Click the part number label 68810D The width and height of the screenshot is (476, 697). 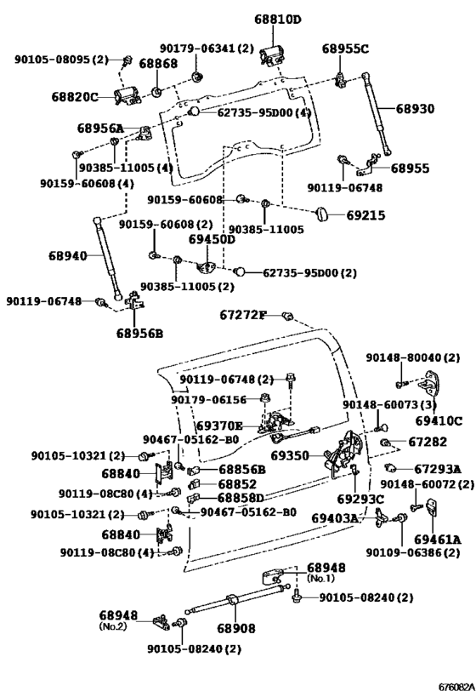pos(278,20)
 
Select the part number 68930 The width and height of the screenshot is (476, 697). pos(415,109)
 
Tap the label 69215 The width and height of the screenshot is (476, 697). pos(365,215)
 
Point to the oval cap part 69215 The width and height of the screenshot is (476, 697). pos(321,214)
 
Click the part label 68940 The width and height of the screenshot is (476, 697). pos(68,255)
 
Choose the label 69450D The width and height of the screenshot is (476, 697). pos(212,239)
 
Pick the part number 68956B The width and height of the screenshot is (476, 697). pos(140,333)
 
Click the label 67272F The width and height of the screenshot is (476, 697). pos(243,315)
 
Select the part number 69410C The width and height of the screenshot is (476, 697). pos(439,420)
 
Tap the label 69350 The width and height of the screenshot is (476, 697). pos(290,455)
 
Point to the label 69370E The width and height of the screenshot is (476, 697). pos(219,426)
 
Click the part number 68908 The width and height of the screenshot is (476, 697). pos(236,628)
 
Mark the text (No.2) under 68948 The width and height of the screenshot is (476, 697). pos(112,626)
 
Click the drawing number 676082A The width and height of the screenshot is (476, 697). pos(455,687)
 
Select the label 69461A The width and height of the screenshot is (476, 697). pos(438,540)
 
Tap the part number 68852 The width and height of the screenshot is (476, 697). pos(237,483)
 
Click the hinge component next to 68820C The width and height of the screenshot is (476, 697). pos(127,96)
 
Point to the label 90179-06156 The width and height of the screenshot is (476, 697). pos(209,400)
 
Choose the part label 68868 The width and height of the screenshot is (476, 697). pos(158,64)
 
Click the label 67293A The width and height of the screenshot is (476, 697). pos(438,469)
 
